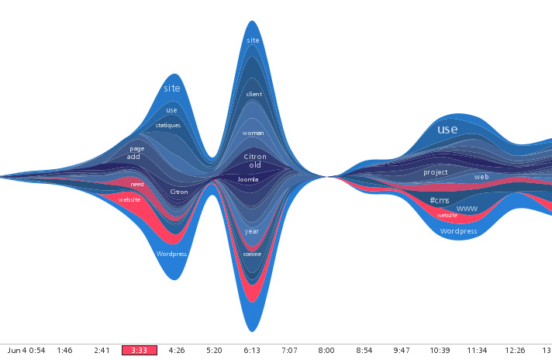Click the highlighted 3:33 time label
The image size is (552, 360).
coord(140,351)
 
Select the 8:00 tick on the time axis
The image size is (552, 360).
coord(326,351)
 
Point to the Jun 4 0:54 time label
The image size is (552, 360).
coord(26,351)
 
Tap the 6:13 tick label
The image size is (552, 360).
coord(253,351)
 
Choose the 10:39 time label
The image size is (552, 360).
coord(440,351)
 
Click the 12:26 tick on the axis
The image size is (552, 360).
coord(516,351)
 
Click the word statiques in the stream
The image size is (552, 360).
coord(167,125)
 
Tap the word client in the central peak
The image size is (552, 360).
coord(254,95)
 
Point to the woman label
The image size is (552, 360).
coord(253,133)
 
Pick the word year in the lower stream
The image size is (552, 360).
coord(252,231)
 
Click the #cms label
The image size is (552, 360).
coord(440,200)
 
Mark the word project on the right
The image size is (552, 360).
coord(436,172)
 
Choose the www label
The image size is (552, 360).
coord(467,209)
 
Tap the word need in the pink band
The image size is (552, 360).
coord(137,185)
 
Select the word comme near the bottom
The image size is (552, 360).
coord(252,254)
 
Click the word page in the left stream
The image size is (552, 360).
coord(137,148)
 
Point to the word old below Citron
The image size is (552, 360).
coord(255,165)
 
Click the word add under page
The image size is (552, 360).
coord(133,157)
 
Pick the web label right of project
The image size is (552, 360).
coord(481,177)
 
